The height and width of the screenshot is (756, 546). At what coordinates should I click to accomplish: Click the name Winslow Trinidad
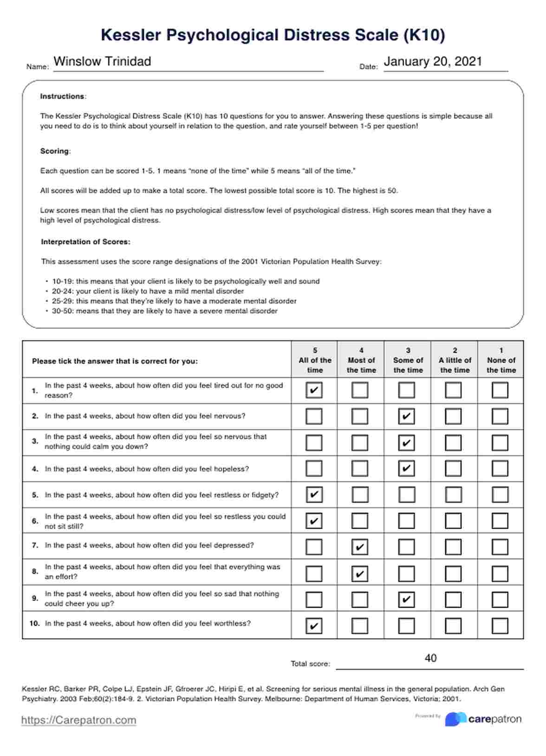[102, 62]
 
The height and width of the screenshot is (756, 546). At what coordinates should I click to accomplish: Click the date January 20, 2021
[433, 62]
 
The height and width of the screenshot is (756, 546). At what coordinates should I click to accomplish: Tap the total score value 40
[430, 658]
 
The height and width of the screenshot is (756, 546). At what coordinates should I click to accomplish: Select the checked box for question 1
[314, 390]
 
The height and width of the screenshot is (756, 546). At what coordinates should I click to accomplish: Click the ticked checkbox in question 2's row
[407, 416]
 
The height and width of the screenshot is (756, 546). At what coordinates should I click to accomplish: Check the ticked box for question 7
[360, 547]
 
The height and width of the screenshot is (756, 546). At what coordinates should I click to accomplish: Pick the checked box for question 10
[314, 626]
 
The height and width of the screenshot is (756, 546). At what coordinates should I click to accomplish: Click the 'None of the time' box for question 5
[500, 495]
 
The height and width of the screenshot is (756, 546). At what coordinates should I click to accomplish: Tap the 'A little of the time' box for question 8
[453, 574]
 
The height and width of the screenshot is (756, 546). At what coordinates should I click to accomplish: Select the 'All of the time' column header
[315, 360]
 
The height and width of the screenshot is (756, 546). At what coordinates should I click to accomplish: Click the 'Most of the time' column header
[361, 360]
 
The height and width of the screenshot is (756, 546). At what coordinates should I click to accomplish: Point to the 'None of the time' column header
[501, 360]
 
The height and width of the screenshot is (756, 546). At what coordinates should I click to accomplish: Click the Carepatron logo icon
[455, 719]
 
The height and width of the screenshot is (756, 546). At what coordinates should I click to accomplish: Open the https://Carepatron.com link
[78, 720]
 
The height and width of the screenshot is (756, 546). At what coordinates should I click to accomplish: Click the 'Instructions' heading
[62, 96]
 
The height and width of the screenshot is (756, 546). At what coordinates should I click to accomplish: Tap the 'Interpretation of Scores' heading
[85, 242]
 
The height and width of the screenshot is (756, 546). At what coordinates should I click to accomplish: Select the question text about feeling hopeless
[147, 469]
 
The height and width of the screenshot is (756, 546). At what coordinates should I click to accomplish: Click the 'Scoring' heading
[54, 151]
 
